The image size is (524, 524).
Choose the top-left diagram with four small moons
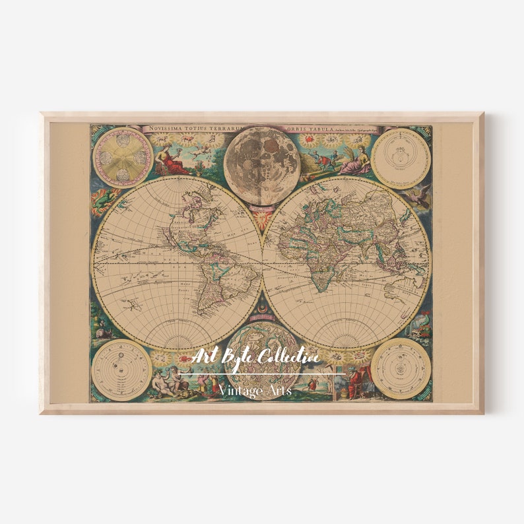pos(123,158)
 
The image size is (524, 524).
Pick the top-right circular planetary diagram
pos(401,158)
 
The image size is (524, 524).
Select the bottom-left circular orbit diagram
pos(121,369)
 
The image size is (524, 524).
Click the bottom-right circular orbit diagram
pos(401,368)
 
